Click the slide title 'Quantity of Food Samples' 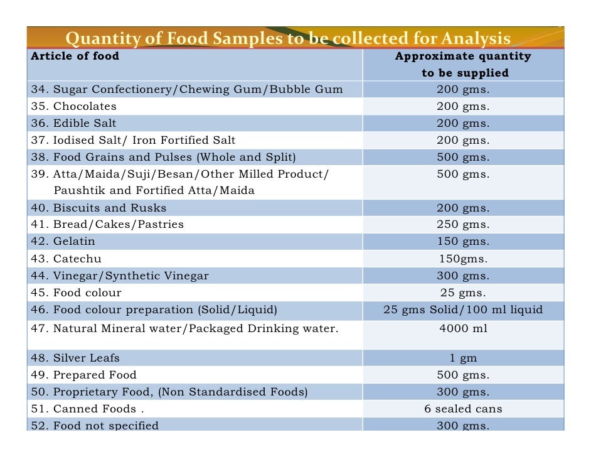[x=288, y=39]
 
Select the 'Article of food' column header [x=75, y=56]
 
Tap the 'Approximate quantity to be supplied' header [x=463, y=65]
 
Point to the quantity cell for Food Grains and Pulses [x=463, y=157]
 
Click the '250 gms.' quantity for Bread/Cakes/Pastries [x=463, y=224]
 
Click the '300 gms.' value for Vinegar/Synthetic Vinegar [x=463, y=276]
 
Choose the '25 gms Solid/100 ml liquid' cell [x=463, y=309]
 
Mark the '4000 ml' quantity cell [x=463, y=328]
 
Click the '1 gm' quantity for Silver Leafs [x=463, y=358]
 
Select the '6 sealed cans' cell [x=463, y=409]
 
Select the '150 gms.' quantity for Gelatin [x=463, y=241]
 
